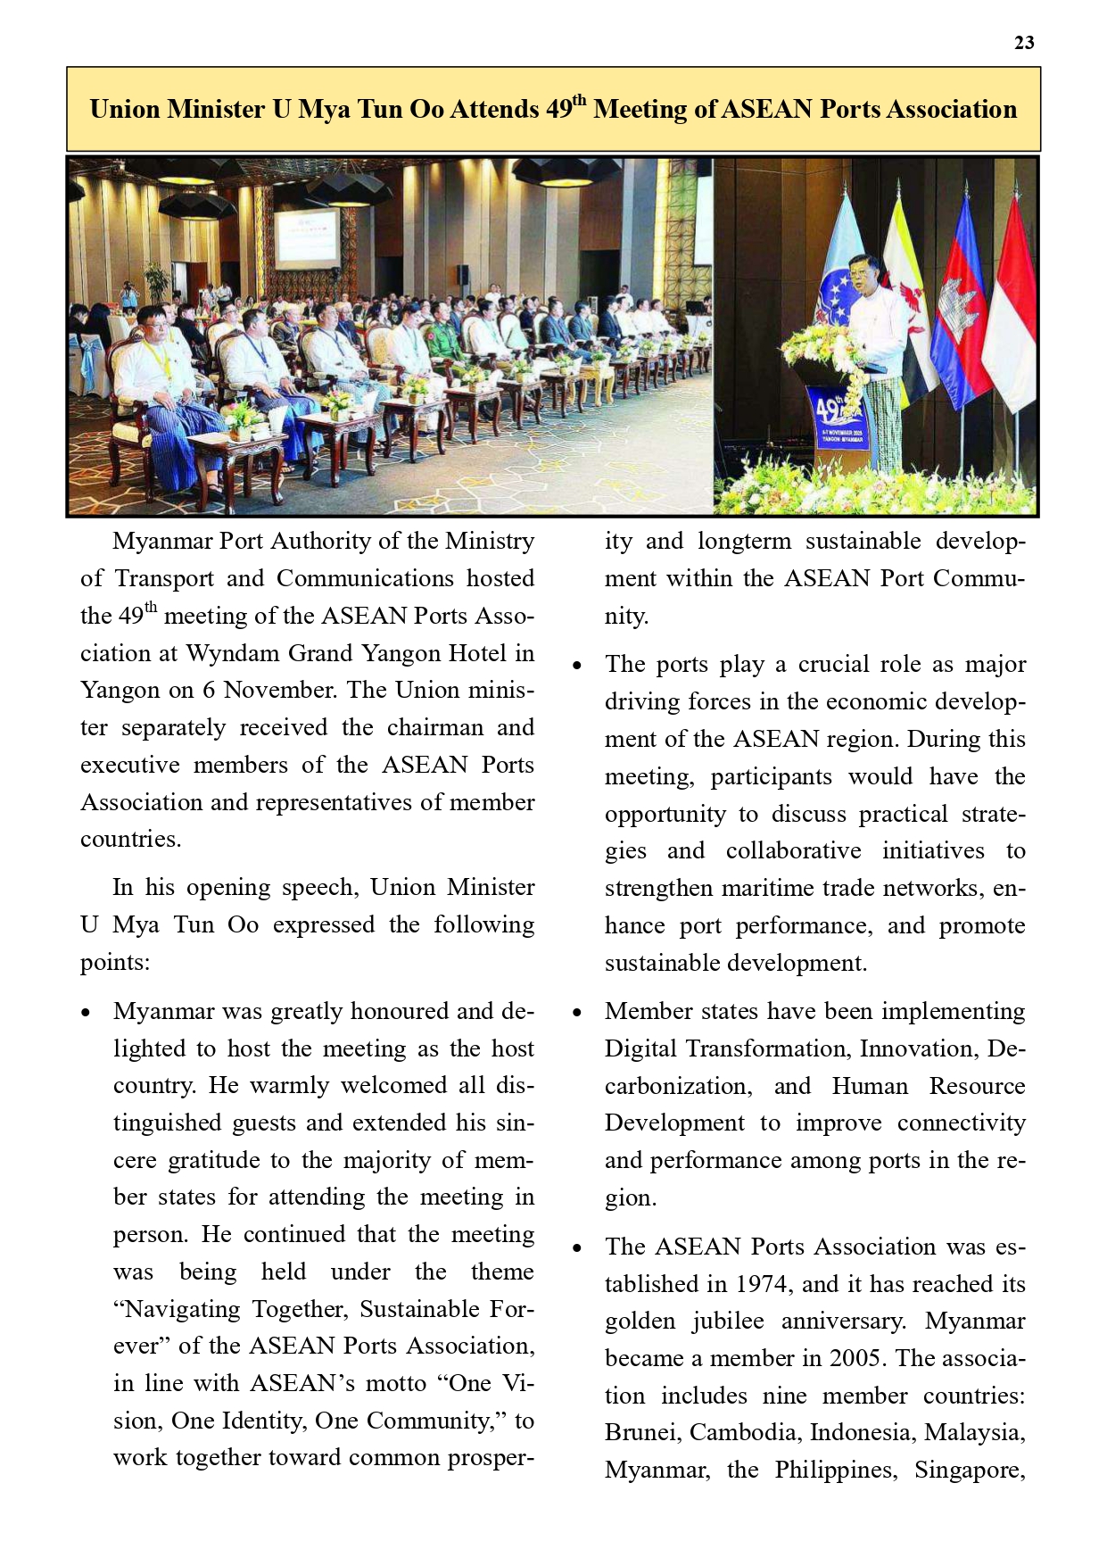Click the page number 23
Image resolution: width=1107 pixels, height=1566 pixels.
(1024, 43)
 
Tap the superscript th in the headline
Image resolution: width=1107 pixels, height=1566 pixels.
(579, 100)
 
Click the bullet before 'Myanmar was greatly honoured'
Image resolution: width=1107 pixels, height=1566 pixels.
(86, 1013)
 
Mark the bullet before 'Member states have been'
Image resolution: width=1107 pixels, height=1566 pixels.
(577, 1013)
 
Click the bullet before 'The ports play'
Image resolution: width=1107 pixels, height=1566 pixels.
(577, 666)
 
